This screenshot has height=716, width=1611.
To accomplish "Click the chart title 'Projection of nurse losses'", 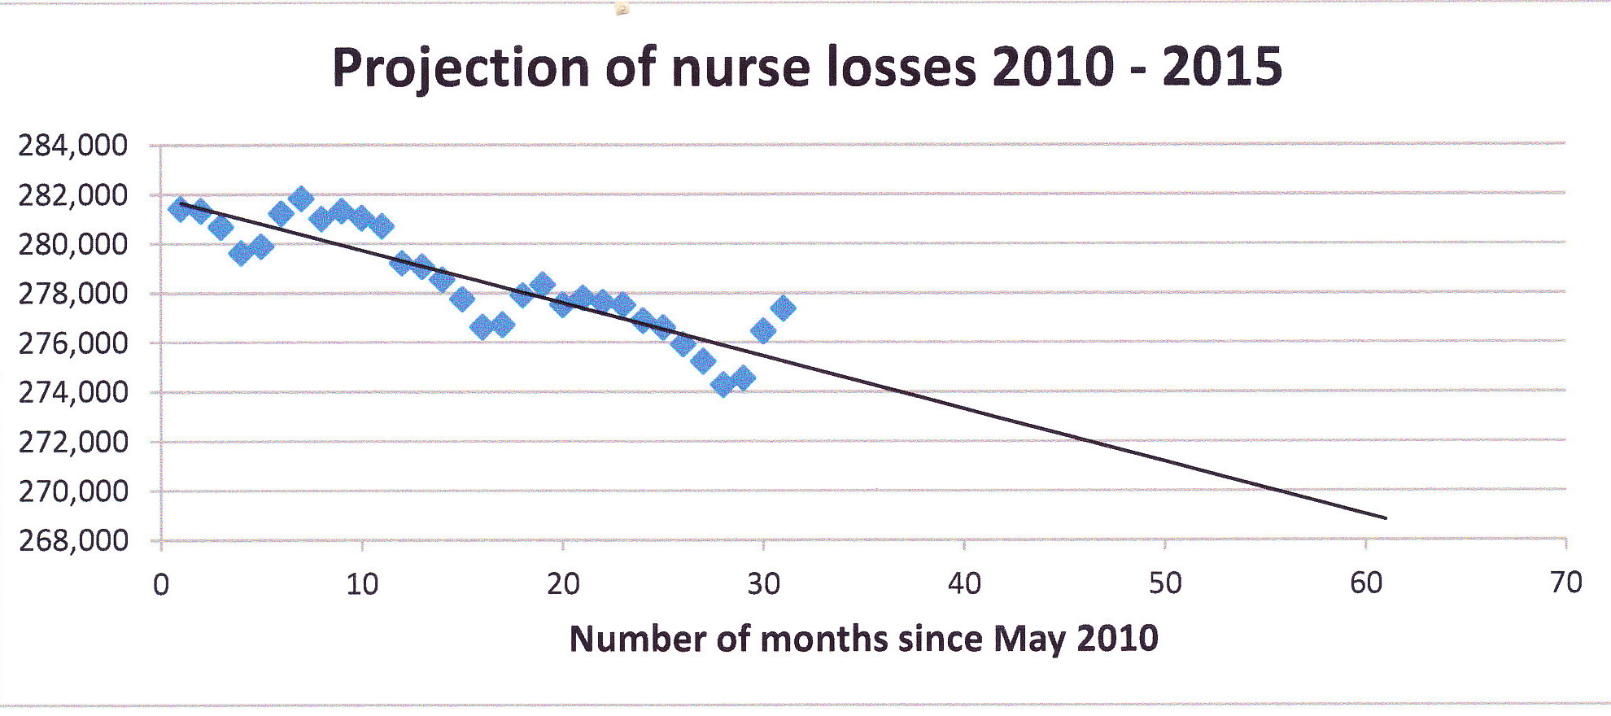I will pyautogui.click(x=806, y=67).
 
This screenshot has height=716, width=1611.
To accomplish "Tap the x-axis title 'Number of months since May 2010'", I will pyautogui.click(x=863, y=639).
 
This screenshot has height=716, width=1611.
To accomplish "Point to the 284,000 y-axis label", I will pyautogui.click(x=73, y=146).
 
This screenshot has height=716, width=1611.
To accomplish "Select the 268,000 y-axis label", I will pyautogui.click(x=73, y=540).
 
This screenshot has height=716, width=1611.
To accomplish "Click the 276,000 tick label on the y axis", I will pyautogui.click(x=73, y=343).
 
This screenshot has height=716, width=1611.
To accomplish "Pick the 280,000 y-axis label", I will pyautogui.click(x=73, y=244).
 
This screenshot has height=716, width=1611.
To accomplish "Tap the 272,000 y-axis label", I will pyautogui.click(x=73, y=442).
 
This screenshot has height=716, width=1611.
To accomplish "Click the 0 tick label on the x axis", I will pyautogui.click(x=161, y=584).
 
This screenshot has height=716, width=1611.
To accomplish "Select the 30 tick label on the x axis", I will pyautogui.click(x=763, y=584).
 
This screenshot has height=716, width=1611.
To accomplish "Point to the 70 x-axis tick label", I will pyautogui.click(x=1565, y=583).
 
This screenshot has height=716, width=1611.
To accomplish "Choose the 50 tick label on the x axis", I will pyautogui.click(x=1164, y=583).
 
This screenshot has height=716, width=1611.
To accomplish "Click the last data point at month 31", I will pyautogui.click(x=783, y=308).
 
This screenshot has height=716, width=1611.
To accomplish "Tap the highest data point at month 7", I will pyautogui.click(x=301, y=199).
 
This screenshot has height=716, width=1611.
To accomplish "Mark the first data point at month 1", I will pyautogui.click(x=180, y=209).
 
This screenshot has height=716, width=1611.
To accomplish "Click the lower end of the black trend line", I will pyautogui.click(x=1385, y=517).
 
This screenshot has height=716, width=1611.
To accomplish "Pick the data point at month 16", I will pyautogui.click(x=482, y=327).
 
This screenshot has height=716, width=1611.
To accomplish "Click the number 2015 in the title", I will pyautogui.click(x=1222, y=67).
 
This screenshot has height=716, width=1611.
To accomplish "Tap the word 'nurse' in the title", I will pyautogui.click(x=740, y=67).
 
